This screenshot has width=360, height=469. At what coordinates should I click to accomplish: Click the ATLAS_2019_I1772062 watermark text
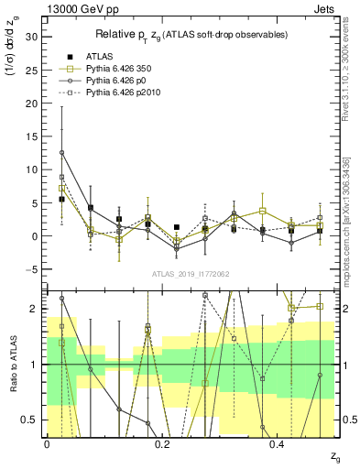click(x=191, y=273)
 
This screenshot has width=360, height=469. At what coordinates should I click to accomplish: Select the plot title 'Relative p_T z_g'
click(x=191, y=34)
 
